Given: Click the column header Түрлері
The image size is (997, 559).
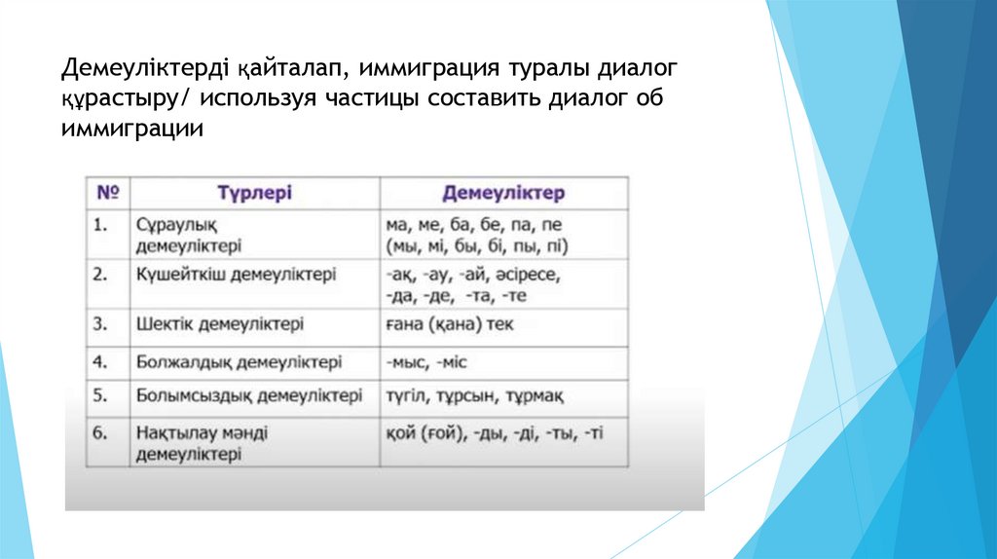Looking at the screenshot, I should click(x=254, y=193).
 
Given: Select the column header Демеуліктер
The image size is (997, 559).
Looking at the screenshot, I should click(x=503, y=193).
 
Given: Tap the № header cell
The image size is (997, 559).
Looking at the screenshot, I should click(x=106, y=193).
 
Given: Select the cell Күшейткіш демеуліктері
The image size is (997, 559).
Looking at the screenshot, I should click(x=236, y=275).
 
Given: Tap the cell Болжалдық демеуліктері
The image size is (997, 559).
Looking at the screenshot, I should click(x=239, y=362).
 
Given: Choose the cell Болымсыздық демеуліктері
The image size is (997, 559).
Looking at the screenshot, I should click(x=249, y=396).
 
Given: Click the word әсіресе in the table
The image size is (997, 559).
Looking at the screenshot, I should click(x=527, y=275).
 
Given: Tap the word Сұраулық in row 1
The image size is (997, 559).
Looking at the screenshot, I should click(x=172, y=225).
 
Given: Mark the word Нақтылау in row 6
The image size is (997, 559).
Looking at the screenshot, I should click(x=174, y=431).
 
